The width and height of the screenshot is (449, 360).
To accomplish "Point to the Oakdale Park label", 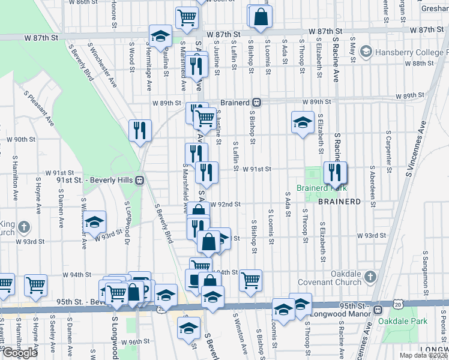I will click(x=403, y=321).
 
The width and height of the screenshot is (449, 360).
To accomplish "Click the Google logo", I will click(x=20, y=353).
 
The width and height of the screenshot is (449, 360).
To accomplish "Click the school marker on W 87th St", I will click(x=160, y=36).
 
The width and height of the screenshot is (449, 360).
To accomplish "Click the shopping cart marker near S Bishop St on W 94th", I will click(x=251, y=280).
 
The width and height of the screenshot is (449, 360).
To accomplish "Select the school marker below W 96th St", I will click(x=188, y=328).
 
